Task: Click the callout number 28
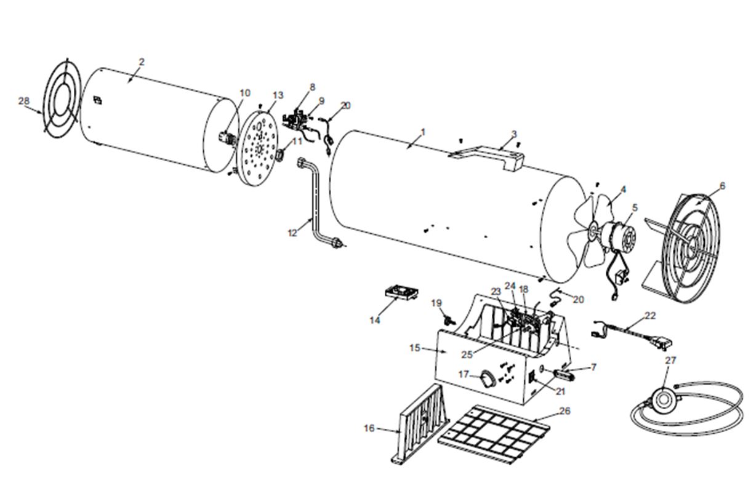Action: point(24,101)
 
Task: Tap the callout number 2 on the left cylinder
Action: point(142,62)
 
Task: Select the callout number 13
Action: point(278,95)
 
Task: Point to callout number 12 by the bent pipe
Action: point(292,233)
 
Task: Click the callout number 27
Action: point(670,361)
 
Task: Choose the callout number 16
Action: point(369,428)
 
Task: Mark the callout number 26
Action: point(564,410)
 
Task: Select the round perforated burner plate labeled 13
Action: point(259,148)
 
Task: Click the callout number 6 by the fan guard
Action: point(722,186)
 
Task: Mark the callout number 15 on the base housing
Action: point(415,348)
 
